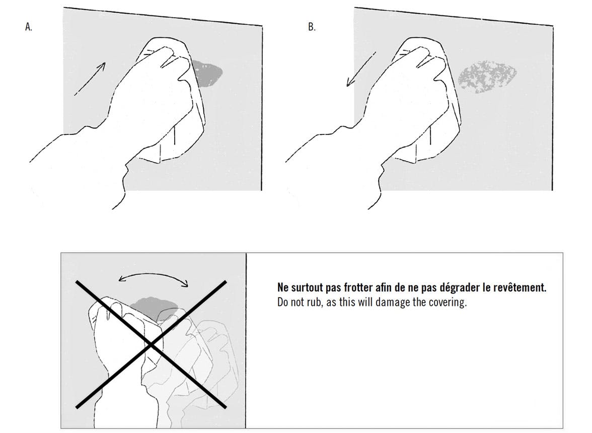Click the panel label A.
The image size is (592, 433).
[29, 27]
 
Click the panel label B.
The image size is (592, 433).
[312, 27]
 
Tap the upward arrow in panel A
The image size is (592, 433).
[90, 79]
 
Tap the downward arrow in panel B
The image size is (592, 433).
[361, 69]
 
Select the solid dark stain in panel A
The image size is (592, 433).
[207, 74]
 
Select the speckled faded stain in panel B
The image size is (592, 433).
[487, 76]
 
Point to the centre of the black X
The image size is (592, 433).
[151, 344]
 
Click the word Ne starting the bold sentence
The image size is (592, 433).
[283, 287]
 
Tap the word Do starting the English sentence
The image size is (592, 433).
[283, 303]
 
